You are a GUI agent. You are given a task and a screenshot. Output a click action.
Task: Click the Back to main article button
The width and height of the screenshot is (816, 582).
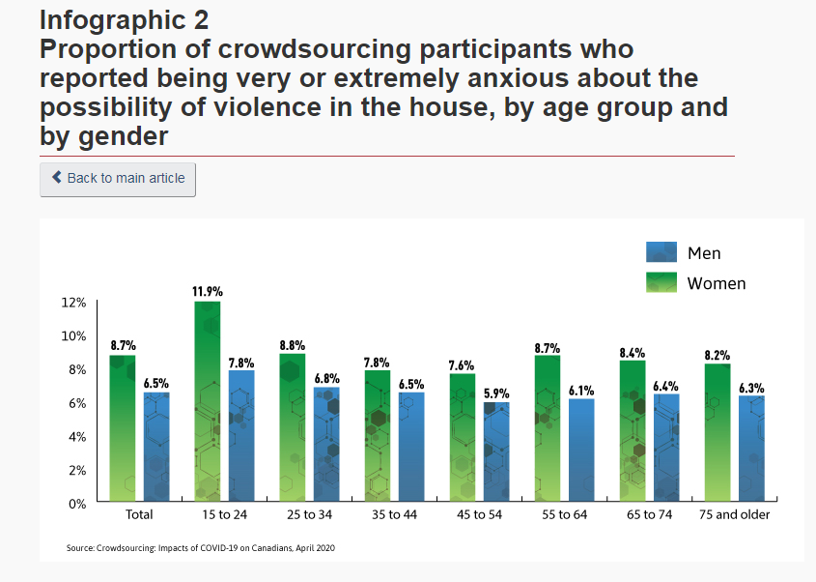coord(118,179)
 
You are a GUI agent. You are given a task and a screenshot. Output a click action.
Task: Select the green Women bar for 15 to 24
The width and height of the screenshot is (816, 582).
coord(208,401)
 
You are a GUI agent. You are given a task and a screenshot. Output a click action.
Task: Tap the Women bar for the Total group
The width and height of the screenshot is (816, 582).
coord(123,427)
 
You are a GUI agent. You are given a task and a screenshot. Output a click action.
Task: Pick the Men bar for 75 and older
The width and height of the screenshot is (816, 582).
coord(751,449)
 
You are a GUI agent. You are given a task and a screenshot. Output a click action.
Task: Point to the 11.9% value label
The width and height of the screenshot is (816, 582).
coord(208,291)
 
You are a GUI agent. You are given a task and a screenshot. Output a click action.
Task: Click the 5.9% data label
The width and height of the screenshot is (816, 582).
coord(496,393)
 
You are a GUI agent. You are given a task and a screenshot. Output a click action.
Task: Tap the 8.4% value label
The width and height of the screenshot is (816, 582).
coord(633,353)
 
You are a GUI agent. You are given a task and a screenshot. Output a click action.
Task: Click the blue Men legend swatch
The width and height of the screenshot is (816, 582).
coord(661,252)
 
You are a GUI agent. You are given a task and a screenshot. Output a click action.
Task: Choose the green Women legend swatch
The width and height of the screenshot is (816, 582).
coord(661,282)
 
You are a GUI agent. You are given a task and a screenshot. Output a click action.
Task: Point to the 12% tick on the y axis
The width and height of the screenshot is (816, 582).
coord(73,303)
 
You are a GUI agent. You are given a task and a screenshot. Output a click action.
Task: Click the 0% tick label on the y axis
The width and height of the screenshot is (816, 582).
coord(77,504)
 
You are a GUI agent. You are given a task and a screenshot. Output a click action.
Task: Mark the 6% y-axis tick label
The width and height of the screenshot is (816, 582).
coord(76,403)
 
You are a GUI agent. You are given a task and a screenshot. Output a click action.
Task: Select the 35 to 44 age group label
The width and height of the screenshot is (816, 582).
coord(394,515)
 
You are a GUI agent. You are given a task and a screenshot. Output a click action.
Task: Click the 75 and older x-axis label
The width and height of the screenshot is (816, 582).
coord(734,515)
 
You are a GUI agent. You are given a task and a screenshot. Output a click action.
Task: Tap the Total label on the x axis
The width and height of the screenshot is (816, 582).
coord(139,515)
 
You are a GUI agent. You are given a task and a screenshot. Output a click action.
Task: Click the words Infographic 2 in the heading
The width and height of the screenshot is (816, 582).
coord(124,18)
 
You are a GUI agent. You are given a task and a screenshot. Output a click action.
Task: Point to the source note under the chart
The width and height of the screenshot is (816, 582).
coord(201,548)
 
